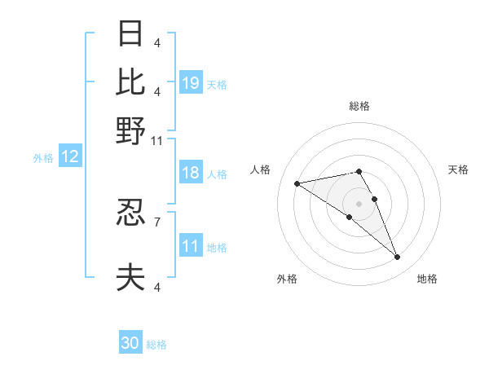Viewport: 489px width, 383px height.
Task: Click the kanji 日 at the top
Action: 130,33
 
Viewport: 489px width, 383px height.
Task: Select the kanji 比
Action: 130,81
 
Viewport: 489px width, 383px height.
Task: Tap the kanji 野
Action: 130,130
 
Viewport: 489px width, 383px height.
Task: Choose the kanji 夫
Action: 130,278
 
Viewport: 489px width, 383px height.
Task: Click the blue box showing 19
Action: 191,83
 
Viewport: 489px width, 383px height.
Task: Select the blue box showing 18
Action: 191,173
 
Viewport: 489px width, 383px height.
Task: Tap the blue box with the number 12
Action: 70,157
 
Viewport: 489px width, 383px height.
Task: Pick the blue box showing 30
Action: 130,343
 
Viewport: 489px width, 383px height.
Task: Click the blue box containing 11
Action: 191,246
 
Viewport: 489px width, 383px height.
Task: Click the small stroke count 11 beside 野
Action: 157,140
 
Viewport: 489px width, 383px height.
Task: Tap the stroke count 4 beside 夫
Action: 156,286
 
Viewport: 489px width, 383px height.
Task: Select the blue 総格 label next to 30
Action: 156,345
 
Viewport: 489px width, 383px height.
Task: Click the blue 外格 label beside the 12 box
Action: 43,158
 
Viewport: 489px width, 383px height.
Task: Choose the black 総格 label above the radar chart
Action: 359,106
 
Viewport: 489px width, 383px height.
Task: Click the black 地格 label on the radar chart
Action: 427,280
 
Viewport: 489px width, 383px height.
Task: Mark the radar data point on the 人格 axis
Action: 297,183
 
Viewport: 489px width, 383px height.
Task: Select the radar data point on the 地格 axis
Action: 398,258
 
